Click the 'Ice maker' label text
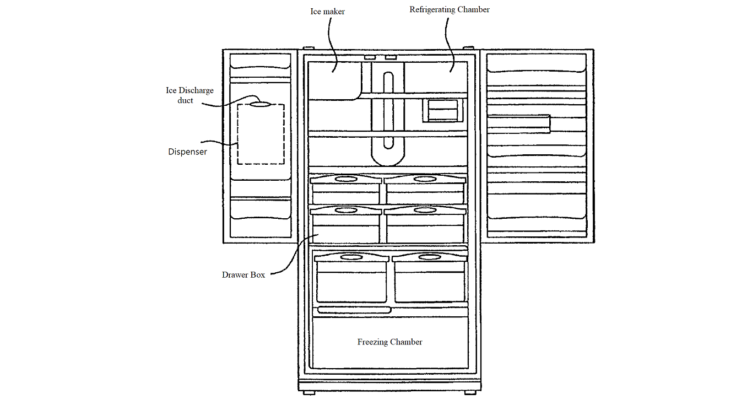(x=327, y=12)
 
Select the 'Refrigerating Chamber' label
(x=450, y=10)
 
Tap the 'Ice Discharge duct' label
(x=190, y=95)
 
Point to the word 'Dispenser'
(x=187, y=152)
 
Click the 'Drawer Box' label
(x=243, y=275)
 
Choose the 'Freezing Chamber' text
(x=390, y=342)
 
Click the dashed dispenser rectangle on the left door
(x=237, y=134)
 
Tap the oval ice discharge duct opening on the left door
(x=260, y=104)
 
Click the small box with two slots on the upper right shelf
(x=443, y=110)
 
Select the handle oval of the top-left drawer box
(x=346, y=179)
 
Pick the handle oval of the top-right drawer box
(x=425, y=179)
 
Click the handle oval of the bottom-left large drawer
(x=351, y=257)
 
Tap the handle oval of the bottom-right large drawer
(x=430, y=257)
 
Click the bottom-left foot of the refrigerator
(x=309, y=393)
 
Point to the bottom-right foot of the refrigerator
(x=470, y=393)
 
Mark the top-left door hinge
(x=308, y=48)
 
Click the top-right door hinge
(x=469, y=48)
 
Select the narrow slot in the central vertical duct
(x=388, y=110)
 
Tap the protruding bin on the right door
(x=518, y=124)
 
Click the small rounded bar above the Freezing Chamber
(x=354, y=310)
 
